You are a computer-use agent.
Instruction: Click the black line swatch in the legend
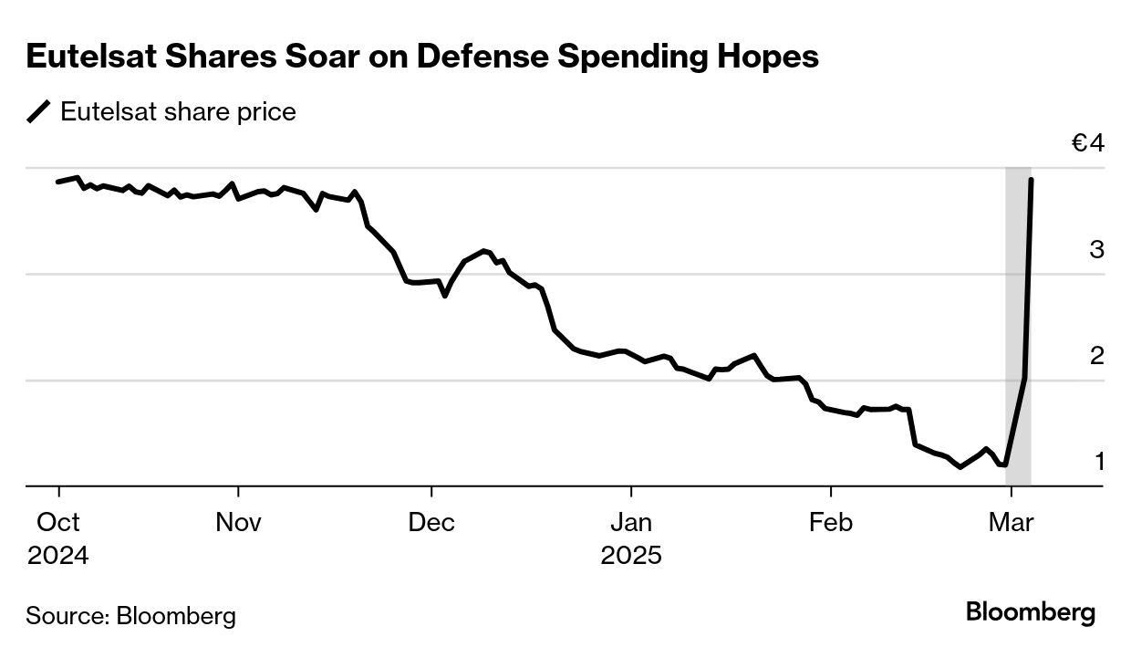pos(39,112)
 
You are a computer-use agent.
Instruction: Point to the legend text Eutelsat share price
pos(178,112)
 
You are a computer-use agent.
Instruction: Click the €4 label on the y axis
pos(1088,144)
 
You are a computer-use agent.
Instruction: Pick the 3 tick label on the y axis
pos(1096,249)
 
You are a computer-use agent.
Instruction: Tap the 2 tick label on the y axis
pos(1096,355)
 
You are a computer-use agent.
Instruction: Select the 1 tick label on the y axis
pos(1099,462)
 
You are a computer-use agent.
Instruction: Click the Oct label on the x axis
pos(58,523)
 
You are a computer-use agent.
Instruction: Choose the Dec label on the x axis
pos(431,523)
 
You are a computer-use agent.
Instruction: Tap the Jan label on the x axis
pos(630,523)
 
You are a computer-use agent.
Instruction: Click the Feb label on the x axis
pos(830,523)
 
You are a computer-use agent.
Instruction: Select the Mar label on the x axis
pos(1011,523)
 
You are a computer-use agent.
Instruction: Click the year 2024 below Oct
pos(58,556)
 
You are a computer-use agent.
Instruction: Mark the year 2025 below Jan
pos(631,556)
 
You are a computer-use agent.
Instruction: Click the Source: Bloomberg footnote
pos(130,616)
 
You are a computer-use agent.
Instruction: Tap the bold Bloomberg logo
pos(1031,612)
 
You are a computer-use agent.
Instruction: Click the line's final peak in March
pos(1031,180)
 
